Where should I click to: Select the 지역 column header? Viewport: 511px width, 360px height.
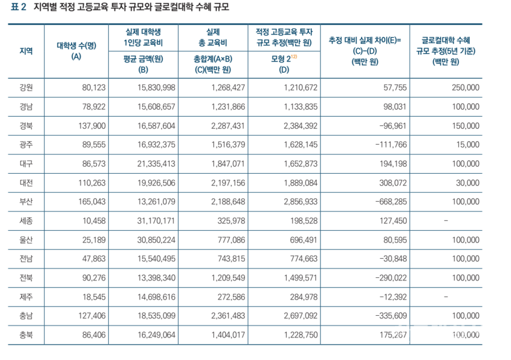[26, 51]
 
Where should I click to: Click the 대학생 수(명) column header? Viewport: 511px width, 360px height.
[76, 51]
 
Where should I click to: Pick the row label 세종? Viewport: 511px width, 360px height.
[26, 220]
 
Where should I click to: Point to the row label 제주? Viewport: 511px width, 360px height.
[26, 296]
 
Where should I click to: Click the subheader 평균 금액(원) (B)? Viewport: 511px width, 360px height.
[143, 64]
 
